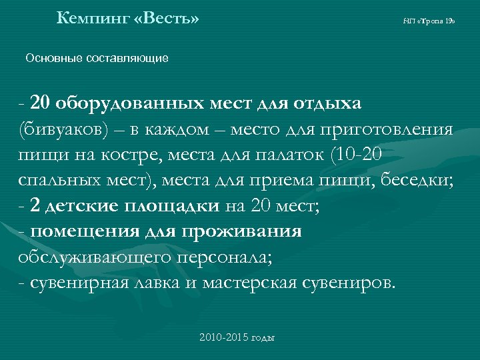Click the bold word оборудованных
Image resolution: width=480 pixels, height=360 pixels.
(128, 104)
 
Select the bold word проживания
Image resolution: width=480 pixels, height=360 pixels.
(247, 232)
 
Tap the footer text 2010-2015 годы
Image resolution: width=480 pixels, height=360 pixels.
(237, 337)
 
